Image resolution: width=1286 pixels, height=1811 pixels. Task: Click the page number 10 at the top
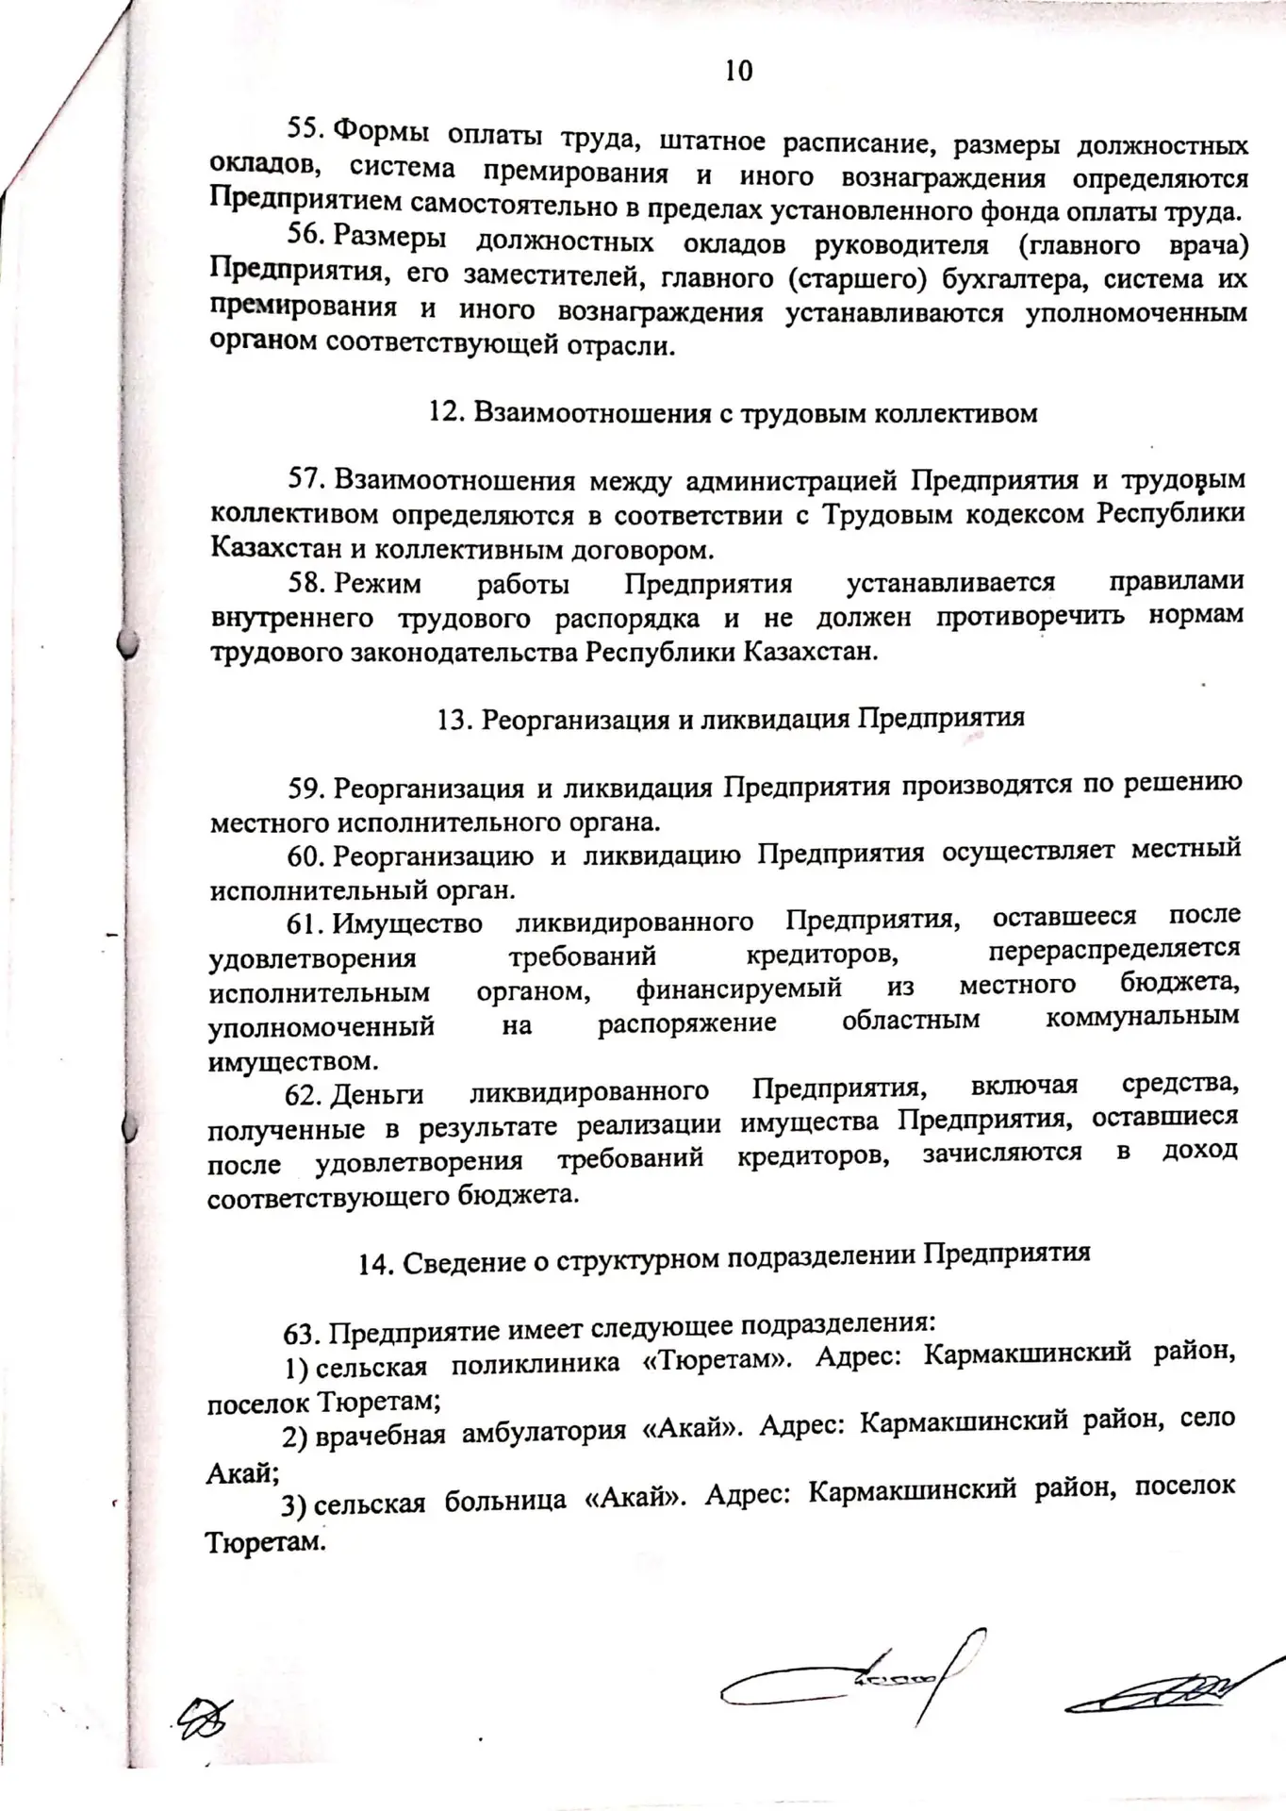(x=738, y=71)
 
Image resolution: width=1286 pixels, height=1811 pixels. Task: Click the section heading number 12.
(x=443, y=412)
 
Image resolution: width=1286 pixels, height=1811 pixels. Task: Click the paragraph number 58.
(x=306, y=583)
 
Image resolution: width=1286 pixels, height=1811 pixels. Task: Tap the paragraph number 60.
(x=305, y=856)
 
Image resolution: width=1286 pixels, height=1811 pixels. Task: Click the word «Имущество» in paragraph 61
(x=407, y=923)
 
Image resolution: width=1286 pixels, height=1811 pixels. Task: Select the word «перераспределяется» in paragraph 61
(x=1114, y=949)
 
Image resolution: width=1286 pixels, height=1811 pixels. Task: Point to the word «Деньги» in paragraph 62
(x=377, y=1094)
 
